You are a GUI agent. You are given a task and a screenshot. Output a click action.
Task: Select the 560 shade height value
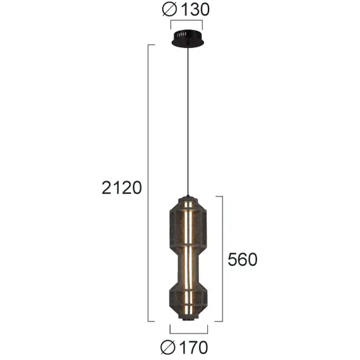tap(242, 260)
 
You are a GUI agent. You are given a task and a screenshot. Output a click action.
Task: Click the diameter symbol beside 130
tap(170, 9)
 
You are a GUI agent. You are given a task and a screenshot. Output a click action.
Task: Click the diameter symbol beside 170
tap(169, 347)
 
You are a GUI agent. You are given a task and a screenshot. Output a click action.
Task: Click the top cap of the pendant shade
tap(188, 193)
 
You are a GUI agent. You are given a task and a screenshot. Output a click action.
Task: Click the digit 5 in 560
tap(232, 260)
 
